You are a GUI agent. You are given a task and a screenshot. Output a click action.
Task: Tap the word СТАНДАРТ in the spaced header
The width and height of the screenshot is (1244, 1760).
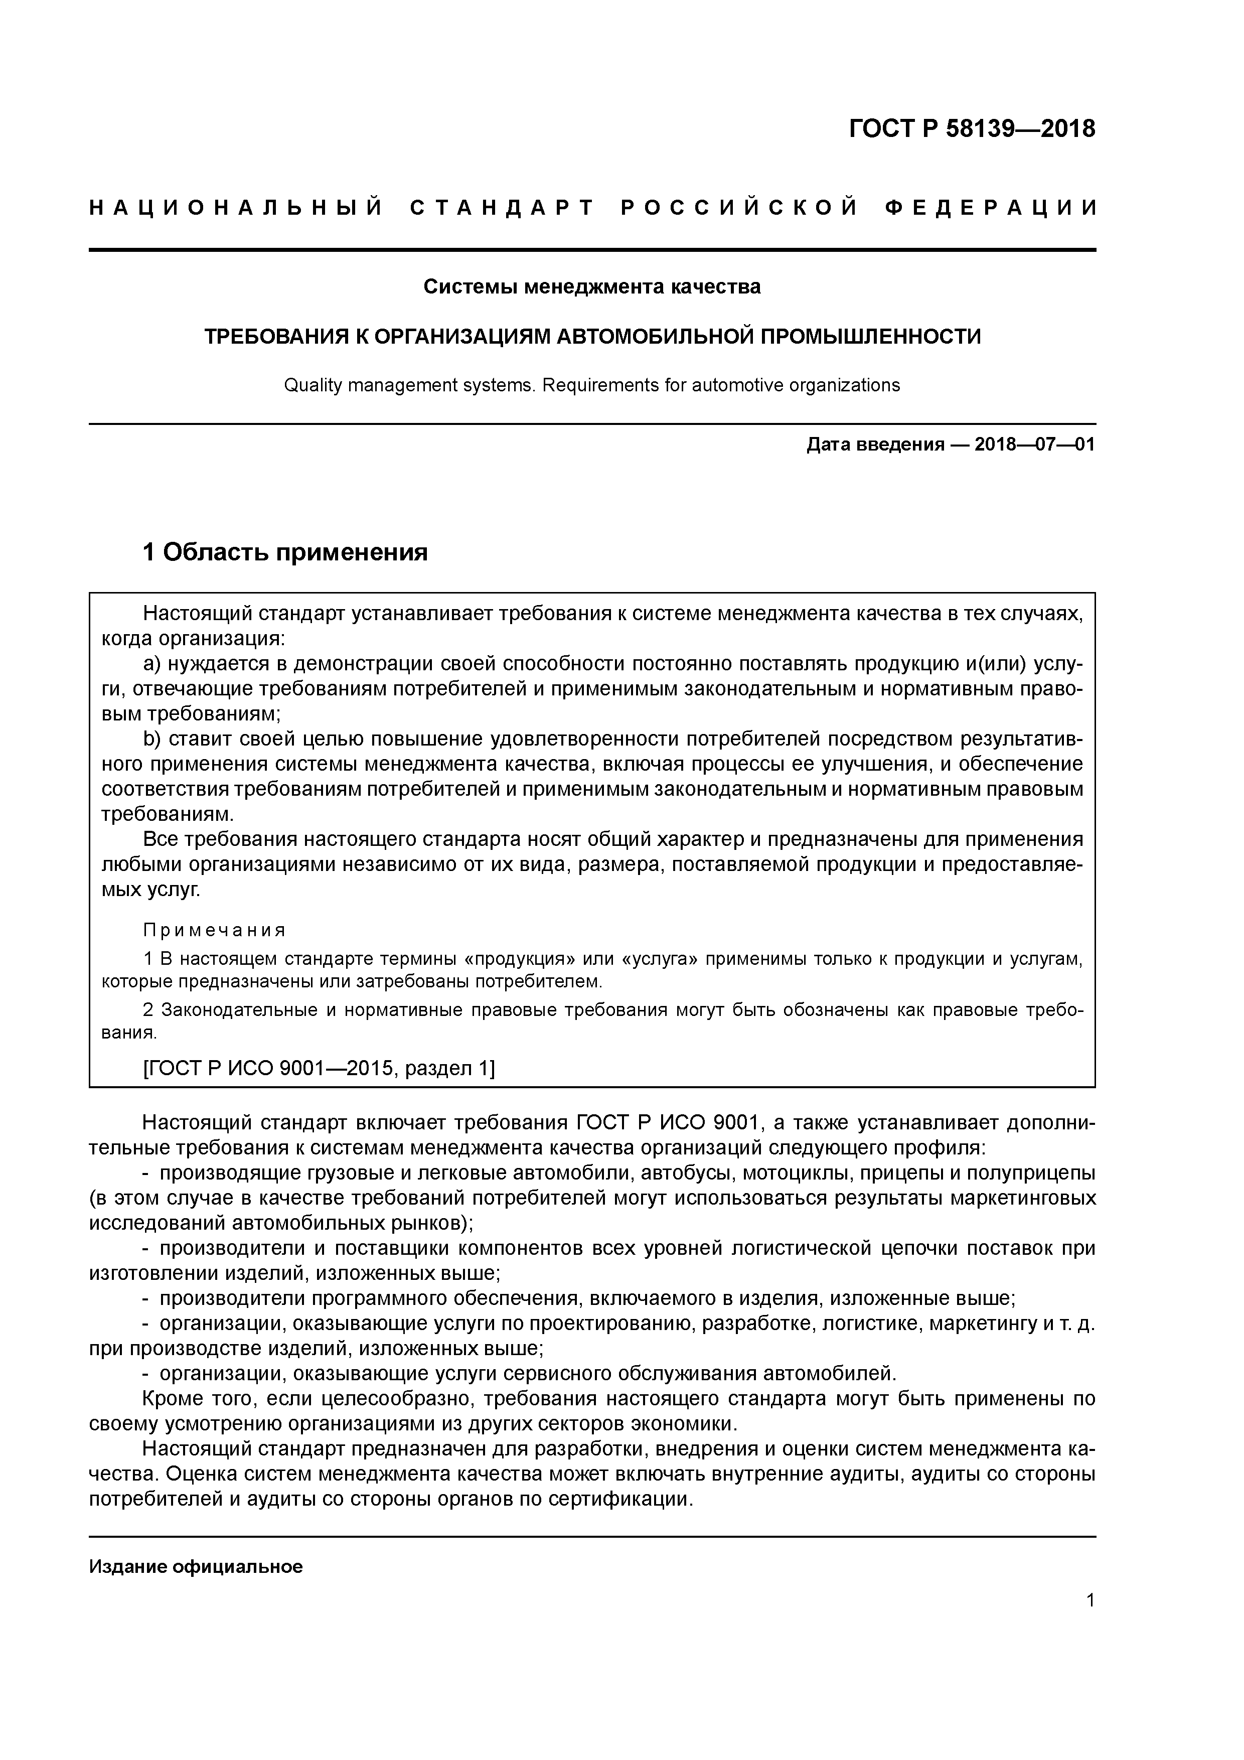(x=502, y=208)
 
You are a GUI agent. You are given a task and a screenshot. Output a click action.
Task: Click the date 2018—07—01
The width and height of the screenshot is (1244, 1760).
(x=1034, y=445)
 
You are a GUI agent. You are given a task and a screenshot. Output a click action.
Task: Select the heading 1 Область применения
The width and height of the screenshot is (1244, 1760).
(x=285, y=552)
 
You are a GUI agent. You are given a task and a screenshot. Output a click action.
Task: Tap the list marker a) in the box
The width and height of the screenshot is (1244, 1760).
(x=152, y=664)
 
